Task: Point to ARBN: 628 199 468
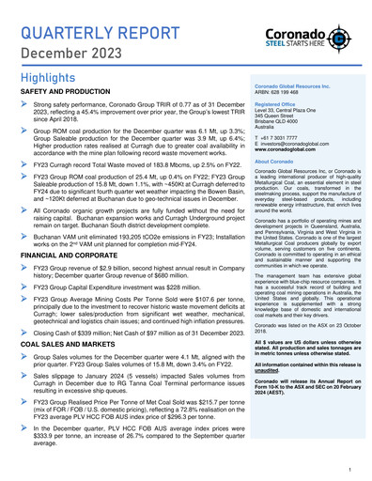[x=279, y=91]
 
